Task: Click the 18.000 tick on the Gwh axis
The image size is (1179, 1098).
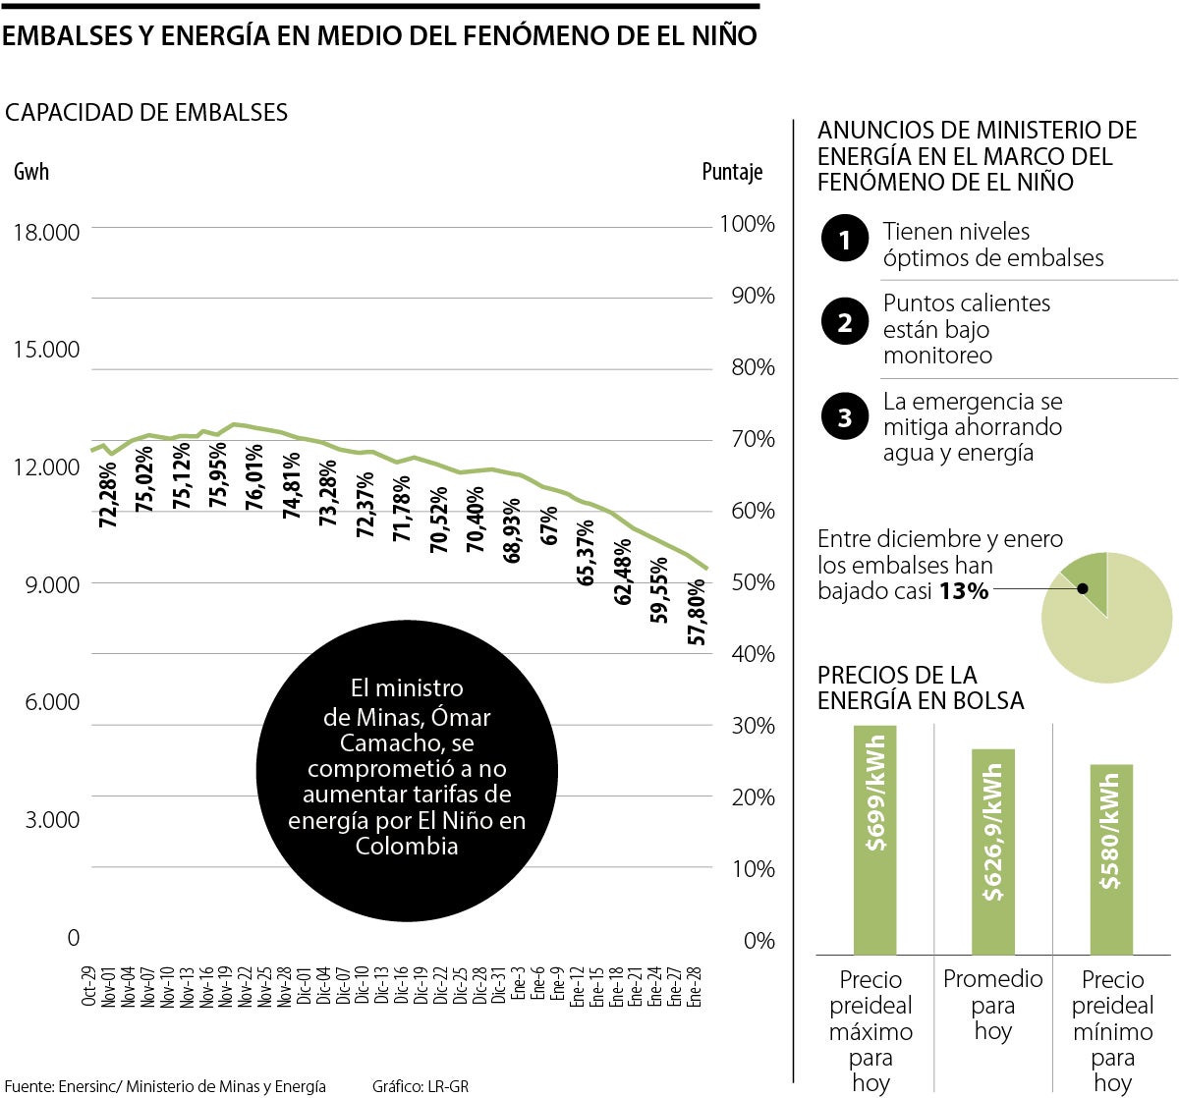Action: point(46,233)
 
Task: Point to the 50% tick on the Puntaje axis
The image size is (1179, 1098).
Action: point(753,582)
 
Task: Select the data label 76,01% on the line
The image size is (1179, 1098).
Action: point(253,476)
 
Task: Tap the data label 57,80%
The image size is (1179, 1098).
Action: point(697,613)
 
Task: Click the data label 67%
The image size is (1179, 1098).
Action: point(549,525)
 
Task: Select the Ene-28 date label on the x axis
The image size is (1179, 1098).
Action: point(695,986)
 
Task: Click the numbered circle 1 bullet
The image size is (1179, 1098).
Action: point(844,239)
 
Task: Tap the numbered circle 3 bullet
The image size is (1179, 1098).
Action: point(844,417)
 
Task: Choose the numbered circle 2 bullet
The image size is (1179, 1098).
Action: point(844,322)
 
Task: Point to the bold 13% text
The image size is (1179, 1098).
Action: point(963,591)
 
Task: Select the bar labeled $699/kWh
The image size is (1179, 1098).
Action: point(874,840)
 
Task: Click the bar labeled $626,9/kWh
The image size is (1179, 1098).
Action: point(992,851)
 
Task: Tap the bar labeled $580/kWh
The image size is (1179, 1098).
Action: point(1110,859)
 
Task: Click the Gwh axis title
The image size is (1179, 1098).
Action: point(31,172)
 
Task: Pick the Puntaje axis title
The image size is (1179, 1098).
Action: point(732,172)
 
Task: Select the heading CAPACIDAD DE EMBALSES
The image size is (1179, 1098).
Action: point(146,113)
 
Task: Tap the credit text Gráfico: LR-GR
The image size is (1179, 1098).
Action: point(421,1086)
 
